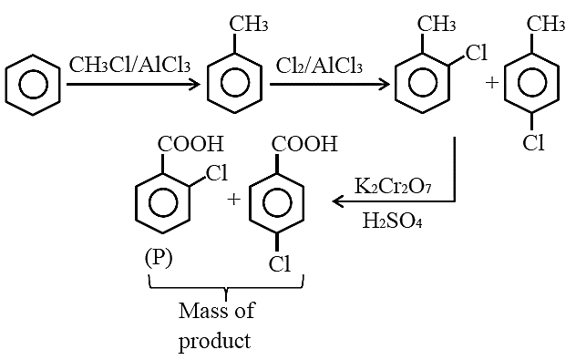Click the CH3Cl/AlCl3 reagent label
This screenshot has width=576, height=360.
tap(130, 65)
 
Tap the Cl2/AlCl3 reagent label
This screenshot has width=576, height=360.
tap(319, 67)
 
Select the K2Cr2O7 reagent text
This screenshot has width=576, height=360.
tap(393, 186)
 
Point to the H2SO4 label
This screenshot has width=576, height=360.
tap(392, 221)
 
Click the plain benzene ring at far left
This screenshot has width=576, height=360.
tap(33, 85)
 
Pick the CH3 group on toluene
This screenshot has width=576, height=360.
tap(249, 24)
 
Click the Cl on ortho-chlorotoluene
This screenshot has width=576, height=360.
tap(477, 52)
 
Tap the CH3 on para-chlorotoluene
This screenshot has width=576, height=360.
tap(546, 24)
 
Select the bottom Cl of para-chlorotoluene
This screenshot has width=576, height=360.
tap(533, 142)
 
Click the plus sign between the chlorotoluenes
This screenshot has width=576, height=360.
tap(492, 83)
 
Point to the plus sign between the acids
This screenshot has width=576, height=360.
tap(233, 200)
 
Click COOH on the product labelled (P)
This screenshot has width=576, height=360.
tap(190, 144)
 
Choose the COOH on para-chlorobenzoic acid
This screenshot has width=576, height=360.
tap(304, 144)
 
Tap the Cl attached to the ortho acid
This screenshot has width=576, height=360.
tap(217, 172)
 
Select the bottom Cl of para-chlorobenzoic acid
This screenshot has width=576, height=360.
tap(280, 263)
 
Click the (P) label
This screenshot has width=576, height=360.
tap(159, 258)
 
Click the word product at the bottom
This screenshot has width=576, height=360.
tap(214, 341)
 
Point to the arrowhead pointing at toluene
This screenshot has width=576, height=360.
tap(195, 85)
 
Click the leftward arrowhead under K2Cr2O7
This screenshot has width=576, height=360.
tap(338, 201)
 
